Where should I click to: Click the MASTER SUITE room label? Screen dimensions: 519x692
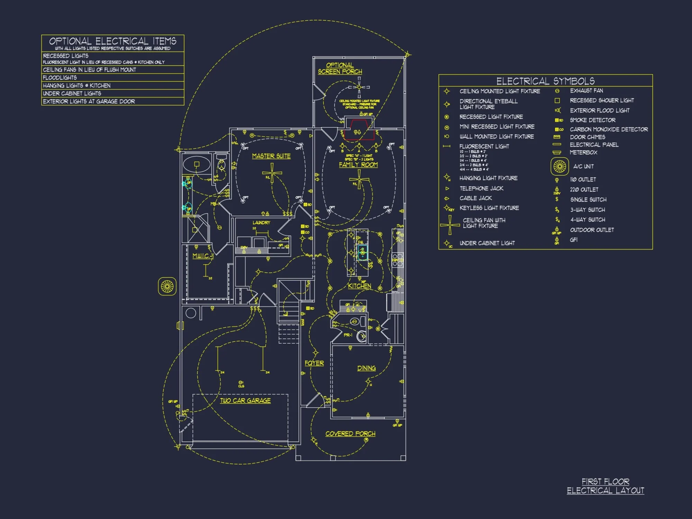tap(271, 156)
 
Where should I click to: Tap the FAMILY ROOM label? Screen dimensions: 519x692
tap(358, 165)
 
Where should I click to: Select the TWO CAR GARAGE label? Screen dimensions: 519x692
tap(245, 401)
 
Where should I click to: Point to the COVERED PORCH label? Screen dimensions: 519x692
tap(350, 434)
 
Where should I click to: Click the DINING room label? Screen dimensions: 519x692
tap(366, 368)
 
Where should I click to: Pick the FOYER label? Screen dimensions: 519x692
tap(314, 363)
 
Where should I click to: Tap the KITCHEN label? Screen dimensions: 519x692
tap(359, 286)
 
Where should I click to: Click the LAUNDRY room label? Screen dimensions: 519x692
tap(261, 223)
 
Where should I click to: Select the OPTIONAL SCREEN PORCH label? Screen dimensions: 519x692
tap(340, 69)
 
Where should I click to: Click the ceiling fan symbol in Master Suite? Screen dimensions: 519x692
tap(272, 173)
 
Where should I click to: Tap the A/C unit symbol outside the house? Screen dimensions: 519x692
tap(167, 286)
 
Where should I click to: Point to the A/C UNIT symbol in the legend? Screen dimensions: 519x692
tap(559, 166)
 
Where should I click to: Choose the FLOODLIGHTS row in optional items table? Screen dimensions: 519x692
tap(112, 78)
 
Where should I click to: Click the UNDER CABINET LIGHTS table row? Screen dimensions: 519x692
tap(112, 93)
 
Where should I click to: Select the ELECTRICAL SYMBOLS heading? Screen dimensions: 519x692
tap(545, 81)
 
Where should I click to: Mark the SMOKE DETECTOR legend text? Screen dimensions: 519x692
tap(592, 120)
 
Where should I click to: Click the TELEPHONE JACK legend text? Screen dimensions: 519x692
tap(481, 189)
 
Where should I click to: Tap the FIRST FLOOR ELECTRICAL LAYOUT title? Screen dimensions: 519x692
tap(605, 486)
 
